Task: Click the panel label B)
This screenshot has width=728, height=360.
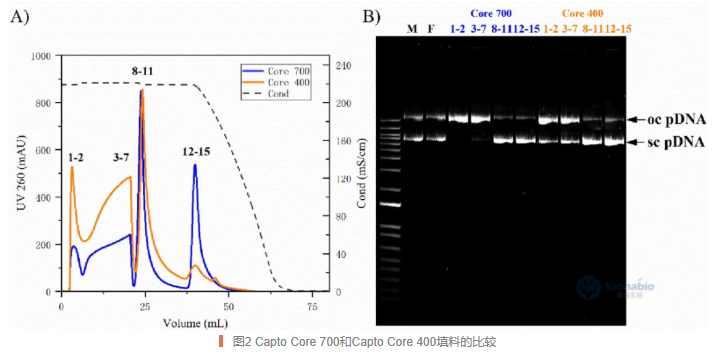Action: [370, 17]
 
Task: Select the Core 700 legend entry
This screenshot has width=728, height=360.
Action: [290, 70]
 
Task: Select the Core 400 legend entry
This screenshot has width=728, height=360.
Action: [290, 82]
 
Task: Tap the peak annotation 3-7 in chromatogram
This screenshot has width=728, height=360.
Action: [122, 157]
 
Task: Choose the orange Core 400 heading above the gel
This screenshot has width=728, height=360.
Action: [583, 14]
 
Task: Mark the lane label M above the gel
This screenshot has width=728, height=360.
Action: [411, 28]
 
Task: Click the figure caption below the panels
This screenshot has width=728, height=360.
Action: [364, 342]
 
